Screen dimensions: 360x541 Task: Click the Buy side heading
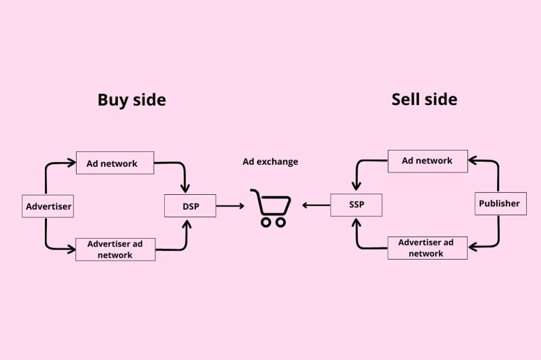[x=132, y=100]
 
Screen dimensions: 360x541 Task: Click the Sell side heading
[x=424, y=99]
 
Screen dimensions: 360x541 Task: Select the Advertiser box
[x=48, y=206]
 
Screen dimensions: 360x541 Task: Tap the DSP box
[x=190, y=206]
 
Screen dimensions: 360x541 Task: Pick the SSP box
[x=356, y=205]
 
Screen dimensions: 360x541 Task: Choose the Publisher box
[x=500, y=203]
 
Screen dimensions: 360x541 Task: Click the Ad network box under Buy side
[x=115, y=163]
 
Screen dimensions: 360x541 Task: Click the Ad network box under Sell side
[x=427, y=160]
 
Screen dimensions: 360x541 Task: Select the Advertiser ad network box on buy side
[x=115, y=249]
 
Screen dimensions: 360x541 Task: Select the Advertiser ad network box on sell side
[x=427, y=248]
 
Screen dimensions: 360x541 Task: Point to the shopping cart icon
[x=271, y=207]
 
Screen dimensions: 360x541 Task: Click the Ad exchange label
[x=270, y=162]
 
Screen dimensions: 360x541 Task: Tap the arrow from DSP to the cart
[x=230, y=206]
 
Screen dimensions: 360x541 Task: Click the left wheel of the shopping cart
[x=266, y=222]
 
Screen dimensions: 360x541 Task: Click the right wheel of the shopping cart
[x=281, y=222]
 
